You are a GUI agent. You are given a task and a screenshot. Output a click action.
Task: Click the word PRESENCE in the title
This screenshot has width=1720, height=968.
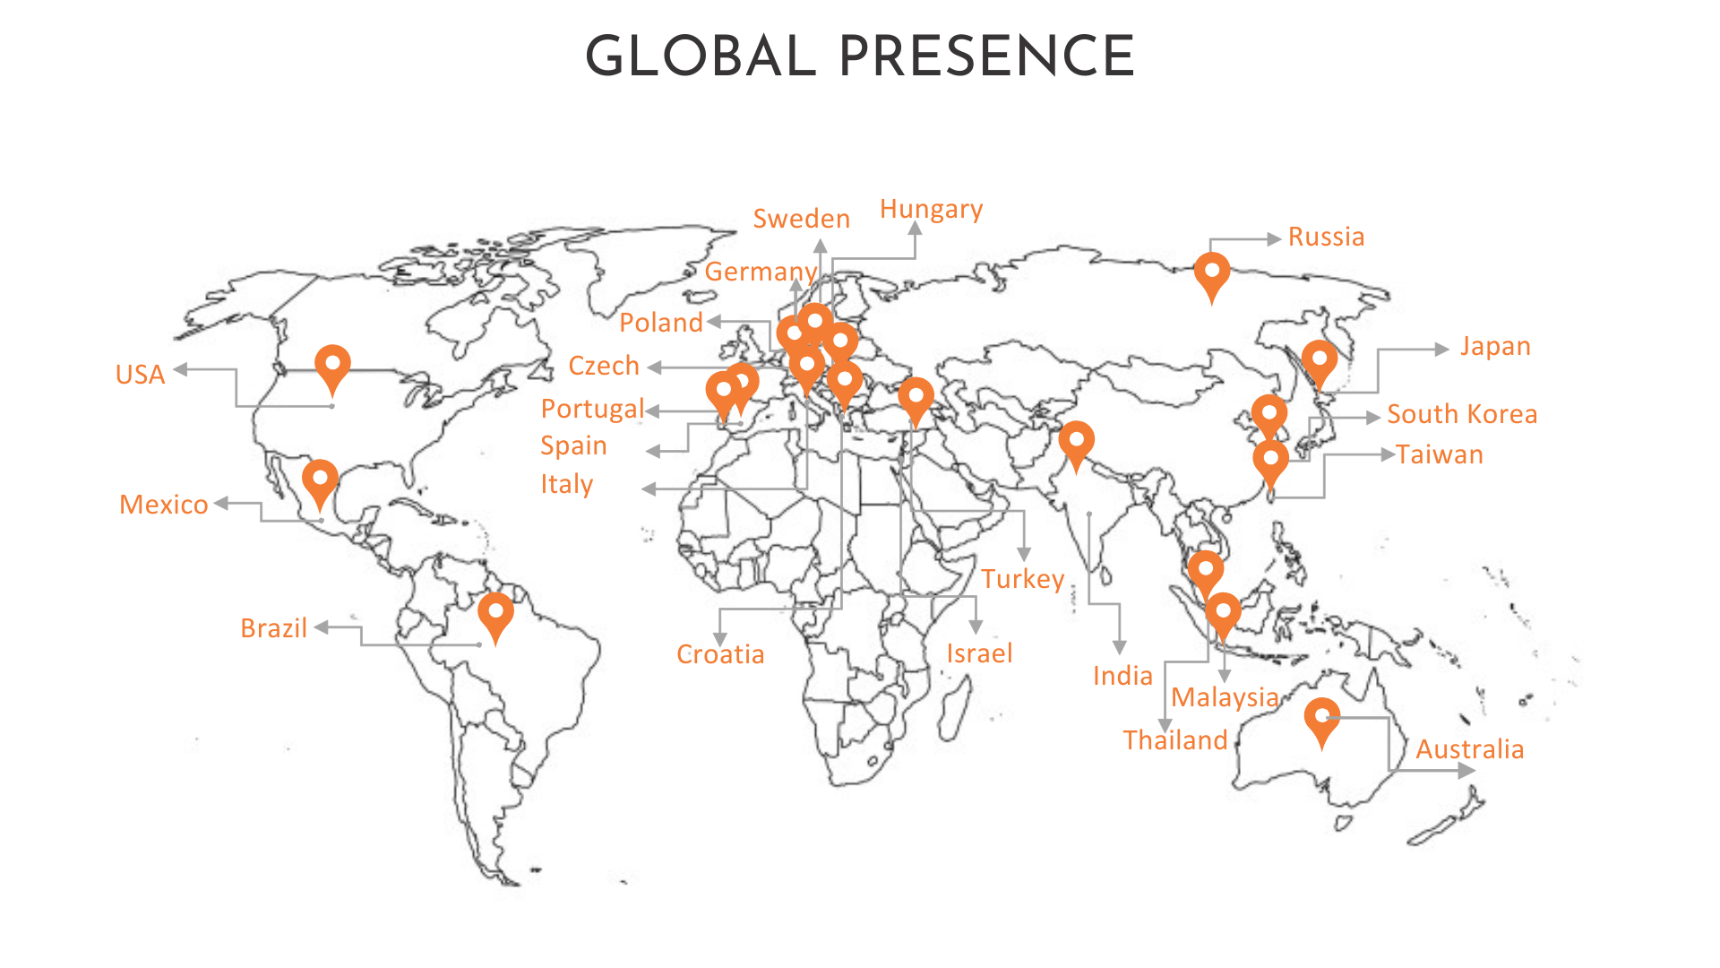pos(986,56)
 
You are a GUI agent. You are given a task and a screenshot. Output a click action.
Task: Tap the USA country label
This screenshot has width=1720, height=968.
pos(141,375)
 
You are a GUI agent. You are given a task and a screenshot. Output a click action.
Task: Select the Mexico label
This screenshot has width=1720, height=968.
pos(164,505)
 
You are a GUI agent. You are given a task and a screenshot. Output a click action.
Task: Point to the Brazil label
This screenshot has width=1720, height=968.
pos(274,628)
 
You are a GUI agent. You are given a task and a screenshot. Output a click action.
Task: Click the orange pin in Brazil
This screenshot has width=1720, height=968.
pos(495,615)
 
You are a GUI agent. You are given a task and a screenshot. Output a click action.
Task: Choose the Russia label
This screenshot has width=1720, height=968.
pos(1326,237)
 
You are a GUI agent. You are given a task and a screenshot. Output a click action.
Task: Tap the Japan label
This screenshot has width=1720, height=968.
pos(1495,347)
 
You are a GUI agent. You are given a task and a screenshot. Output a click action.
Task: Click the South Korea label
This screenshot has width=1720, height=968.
pos(1462,414)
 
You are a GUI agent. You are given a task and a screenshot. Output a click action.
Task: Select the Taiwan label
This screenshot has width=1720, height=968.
pos(1439,454)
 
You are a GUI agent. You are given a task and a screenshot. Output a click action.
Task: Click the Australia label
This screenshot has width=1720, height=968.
pos(1469,749)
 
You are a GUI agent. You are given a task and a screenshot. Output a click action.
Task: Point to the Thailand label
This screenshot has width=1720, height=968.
pos(1175,740)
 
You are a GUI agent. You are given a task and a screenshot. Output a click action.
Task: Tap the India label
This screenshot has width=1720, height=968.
pos(1122,676)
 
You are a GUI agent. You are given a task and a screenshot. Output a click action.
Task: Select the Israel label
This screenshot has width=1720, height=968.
pos(979,653)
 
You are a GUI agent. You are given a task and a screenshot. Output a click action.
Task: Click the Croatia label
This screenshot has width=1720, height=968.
pos(720,654)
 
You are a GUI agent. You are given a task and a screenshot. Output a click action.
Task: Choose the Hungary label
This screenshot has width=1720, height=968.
pos(931,209)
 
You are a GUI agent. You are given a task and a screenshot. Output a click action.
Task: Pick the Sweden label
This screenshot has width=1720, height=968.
pos(801,219)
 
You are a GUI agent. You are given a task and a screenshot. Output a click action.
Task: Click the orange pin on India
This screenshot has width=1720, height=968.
pos(1076,444)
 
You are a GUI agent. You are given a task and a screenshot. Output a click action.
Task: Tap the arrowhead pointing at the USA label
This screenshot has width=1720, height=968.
pos(181,369)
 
